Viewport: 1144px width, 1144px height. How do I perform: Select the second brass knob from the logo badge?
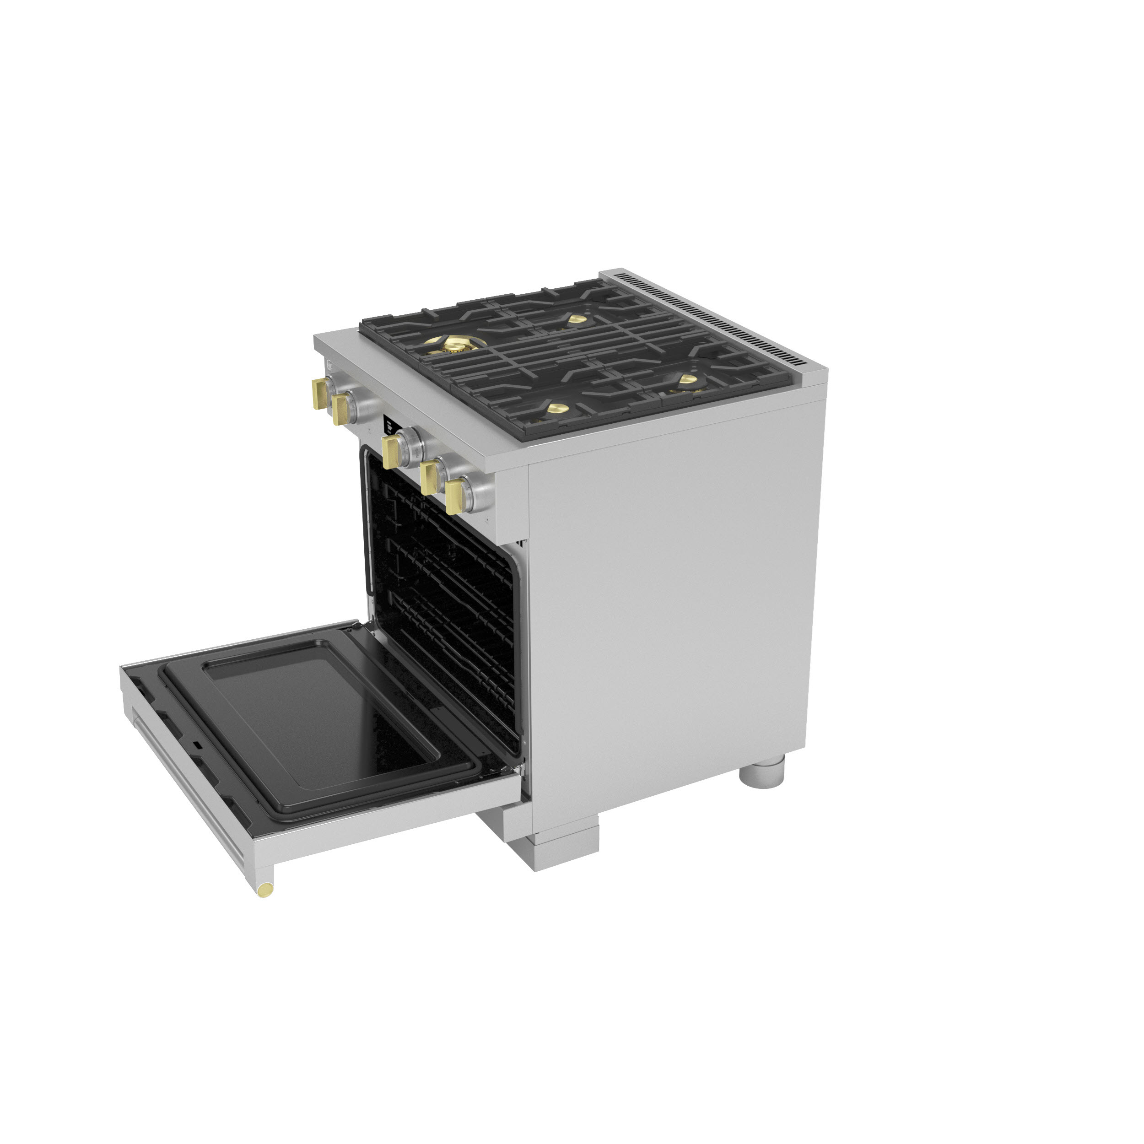[342, 409]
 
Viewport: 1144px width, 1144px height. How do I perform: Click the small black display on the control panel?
[389, 425]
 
